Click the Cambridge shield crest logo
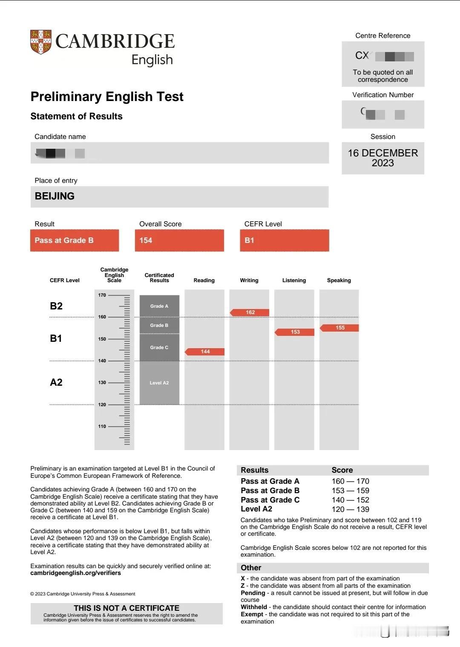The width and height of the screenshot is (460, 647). (41, 42)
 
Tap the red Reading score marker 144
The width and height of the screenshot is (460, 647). (205, 352)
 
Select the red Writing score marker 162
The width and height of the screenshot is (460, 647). (250, 312)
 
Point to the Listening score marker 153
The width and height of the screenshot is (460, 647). (295, 332)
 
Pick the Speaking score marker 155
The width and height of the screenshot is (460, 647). (340, 328)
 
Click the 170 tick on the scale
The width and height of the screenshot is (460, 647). (102, 295)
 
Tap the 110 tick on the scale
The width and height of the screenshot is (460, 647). (102, 426)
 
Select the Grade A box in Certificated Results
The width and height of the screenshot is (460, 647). (159, 306)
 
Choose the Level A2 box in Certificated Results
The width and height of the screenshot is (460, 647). (159, 383)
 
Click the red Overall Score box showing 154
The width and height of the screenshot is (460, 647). (179, 240)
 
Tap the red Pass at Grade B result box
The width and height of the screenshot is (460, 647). (75, 240)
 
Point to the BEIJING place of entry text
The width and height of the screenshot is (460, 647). (55, 196)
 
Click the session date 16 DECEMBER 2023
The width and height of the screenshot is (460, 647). (382, 158)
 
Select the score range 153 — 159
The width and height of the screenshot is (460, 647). (350, 491)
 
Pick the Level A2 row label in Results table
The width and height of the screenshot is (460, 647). (256, 509)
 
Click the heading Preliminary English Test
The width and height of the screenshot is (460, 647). (107, 97)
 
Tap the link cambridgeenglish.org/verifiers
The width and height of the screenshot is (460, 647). (75, 573)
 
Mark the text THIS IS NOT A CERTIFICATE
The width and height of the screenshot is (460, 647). (126, 608)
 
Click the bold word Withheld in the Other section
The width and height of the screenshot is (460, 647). (254, 607)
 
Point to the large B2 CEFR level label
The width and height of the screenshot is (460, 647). (56, 306)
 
